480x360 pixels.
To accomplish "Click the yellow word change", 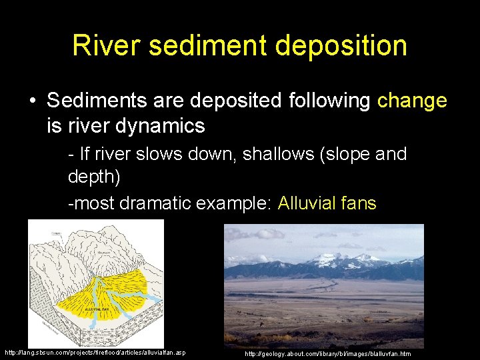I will coord(412,101).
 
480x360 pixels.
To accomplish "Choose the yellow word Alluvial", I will coord(309,203).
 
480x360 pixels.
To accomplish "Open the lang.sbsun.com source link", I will coord(95,352).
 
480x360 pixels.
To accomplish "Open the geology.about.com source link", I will coord(328,353).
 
